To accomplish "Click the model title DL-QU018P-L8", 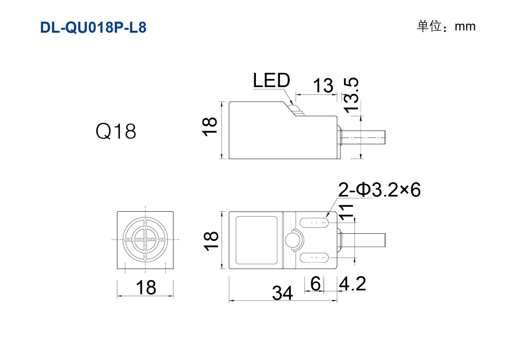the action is pyautogui.click(x=93, y=28).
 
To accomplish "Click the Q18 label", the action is pyautogui.click(x=116, y=131).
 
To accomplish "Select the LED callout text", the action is pyautogui.click(x=271, y=80).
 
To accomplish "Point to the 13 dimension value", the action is pyautogui.click(x=323, y=85).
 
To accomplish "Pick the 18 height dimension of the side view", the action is pyautogui.click(x=210, y=127).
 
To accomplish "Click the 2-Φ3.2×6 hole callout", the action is pyautogui.click(x=380, y=190).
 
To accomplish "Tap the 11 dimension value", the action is pyautogui.click(x=346, y=212).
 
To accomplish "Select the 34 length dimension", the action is pyautogui.click(x=282, y=293).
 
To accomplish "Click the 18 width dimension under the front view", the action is pyautogui.click(x=146, y=287).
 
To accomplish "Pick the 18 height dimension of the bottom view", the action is pyautogui.click(x=211, y=241).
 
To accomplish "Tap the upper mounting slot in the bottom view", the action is pyautogui.click(x=314, y=223).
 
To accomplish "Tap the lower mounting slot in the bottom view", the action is pyautogui.click(x=314, y=257).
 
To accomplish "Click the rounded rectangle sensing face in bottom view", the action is pyautogui.click(x=256, y=240).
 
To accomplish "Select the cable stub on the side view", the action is pyautogui.click(x=363, y=138).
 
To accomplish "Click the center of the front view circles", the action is pyautogui.click(x=145, y=240).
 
